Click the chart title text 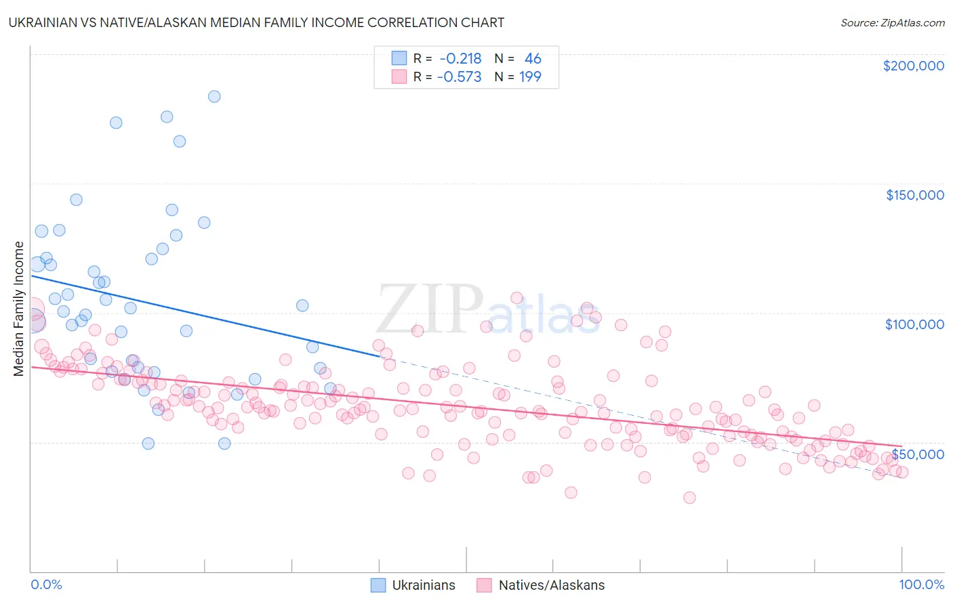point(256,22)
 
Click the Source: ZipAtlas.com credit point(892,22)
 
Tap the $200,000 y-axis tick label point(913,66)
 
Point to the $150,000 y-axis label point(914,195)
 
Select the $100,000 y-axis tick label point(914,324)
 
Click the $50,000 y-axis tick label point(918,454)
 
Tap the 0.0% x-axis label point(46,584)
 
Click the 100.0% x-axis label point(921,584)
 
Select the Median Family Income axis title point(19,308)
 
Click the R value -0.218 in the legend point(460,59)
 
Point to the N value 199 point(530,77)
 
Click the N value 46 point(533,59)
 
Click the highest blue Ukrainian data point point(214,96)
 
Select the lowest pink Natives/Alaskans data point point(689,498)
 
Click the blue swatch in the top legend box point(399,59)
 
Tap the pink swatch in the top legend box point(399,77)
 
